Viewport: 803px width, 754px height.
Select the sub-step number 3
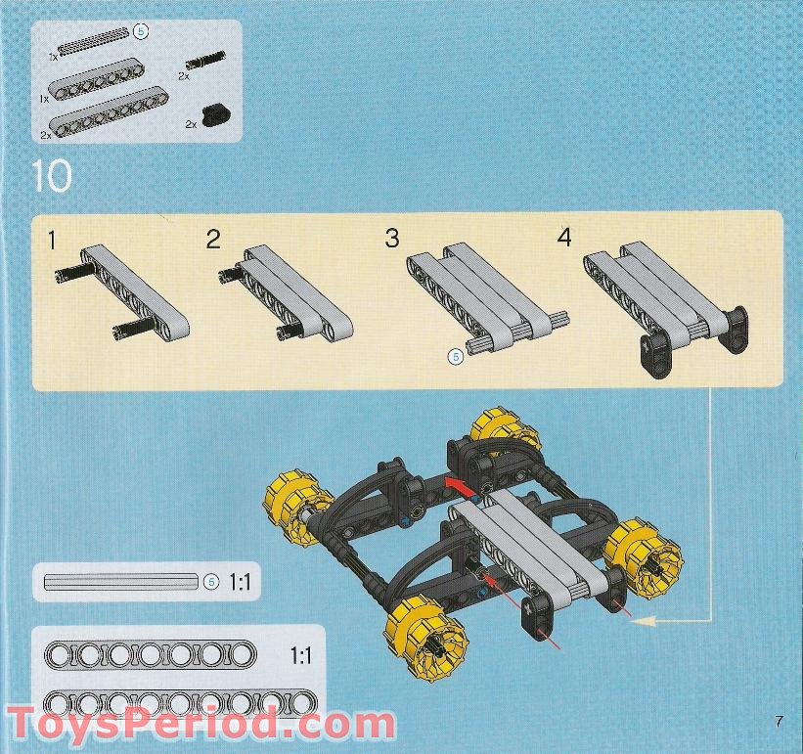pyautogui.click(x=392, y=239)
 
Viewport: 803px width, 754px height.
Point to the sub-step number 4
pyautogui.click(x=563, y=238)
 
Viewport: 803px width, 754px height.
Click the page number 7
pyautogui.click(x=779, y=722)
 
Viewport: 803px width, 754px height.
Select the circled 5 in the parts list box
pyautogui.click(x=141, y=32)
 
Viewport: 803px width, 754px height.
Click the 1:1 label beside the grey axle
pyautogui.click(x=241, y=583)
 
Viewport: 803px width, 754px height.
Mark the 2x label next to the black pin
pyautogui.click(x=183, y=74)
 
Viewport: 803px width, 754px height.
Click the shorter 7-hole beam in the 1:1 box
pyautogui.click(x=155, y=653)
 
